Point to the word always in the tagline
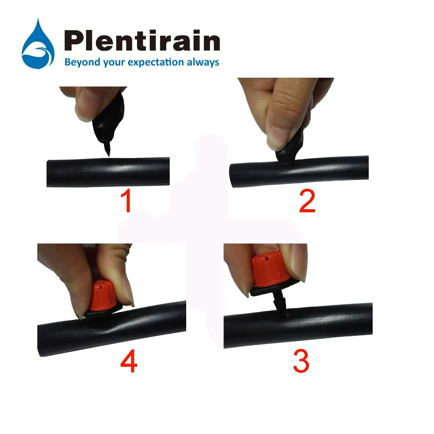pyautogui.click(x=203, y=62)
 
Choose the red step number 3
pyautogui.click(x=301, y=360)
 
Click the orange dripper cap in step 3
pyautogui.click(x=266, y=272)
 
